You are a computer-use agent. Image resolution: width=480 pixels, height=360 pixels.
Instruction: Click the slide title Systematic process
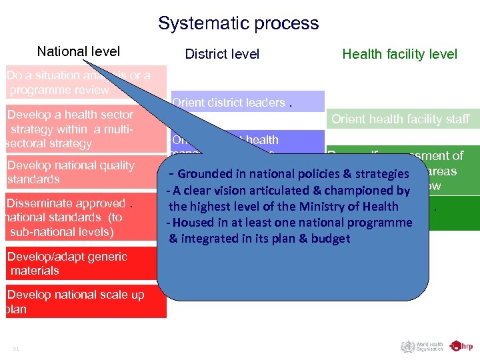pos(239,24)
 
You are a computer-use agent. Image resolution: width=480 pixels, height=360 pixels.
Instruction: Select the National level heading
pos(79,51)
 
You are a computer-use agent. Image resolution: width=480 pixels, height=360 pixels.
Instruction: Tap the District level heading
pos(222,54)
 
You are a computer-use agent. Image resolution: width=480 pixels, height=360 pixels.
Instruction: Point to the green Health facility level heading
pos(399,54)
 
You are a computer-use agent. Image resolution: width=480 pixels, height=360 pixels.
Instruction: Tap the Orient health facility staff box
pos(400,119)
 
